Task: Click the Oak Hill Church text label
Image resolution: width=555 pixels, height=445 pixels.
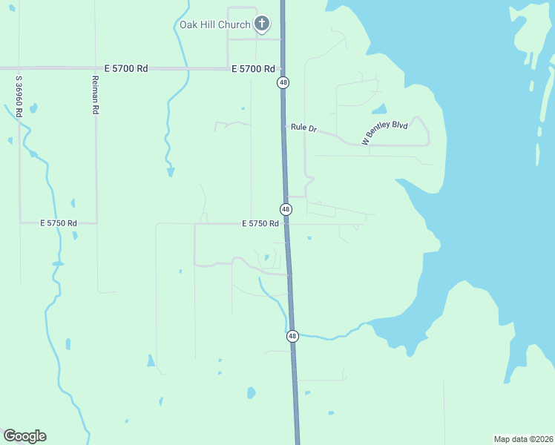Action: tap(215, 24)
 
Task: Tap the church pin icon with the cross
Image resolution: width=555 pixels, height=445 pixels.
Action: tap(261, 24)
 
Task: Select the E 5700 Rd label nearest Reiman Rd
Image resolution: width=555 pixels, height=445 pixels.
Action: tap(126, 68)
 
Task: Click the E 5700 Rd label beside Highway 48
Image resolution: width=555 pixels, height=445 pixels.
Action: tap(253, 68)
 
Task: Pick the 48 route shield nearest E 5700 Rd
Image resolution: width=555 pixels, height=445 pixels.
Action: tap(283, 82)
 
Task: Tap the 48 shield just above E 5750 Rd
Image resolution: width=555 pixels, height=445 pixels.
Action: tap(286, 209)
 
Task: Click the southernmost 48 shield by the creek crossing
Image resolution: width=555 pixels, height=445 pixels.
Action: tap(292, 336)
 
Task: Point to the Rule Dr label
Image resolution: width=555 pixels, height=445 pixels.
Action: tap(303, 128)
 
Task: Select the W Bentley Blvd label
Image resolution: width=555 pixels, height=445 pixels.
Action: tap(385, 133)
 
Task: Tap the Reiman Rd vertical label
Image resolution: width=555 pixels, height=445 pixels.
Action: tap(95, 94)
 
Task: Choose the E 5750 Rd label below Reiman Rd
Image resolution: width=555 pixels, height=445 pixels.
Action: tap(59, 222)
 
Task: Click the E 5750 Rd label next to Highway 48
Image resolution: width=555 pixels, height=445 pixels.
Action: tap(260, 223)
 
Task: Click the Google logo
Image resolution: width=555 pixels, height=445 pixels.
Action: tap(24, 436)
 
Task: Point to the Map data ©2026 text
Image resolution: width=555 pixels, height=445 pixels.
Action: tap(523, 438)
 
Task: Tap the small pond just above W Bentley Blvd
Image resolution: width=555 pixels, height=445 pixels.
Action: tap(380, 109)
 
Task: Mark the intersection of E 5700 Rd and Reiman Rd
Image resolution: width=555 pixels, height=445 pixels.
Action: tap(95, 68)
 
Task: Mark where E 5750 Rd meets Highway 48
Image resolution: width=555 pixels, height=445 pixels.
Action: tap(287, 223)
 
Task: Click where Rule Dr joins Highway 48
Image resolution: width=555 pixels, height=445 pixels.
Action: tap(284, 127)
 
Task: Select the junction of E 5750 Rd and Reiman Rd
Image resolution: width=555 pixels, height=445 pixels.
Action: tap(96, 222)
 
